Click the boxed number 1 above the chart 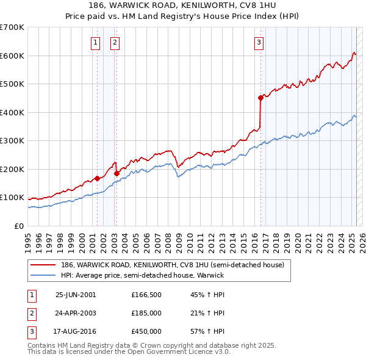pyautogui.click(x=96, y=43)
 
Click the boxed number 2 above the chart pyautogui.click(x=115, y=43)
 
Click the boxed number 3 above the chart pyautogui.click(x=259, y=43)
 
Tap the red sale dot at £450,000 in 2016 pyautogui.click(x=260, y=98)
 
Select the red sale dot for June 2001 pyautogui.click(x=97, y=179)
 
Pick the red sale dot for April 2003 pyautogui.click(x=117, y=173)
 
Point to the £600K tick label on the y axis pyautogui.click(x=12, y=56)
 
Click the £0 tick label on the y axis pyautogui.click(x=20, y=226)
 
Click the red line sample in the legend pyautogui.click(x=44, y=265)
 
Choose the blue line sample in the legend pyautogui.click(x=44, y=275)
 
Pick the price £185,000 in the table pyautogui.click(x=146, y=313)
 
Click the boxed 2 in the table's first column pyautogui.click(x=31, y=313)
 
